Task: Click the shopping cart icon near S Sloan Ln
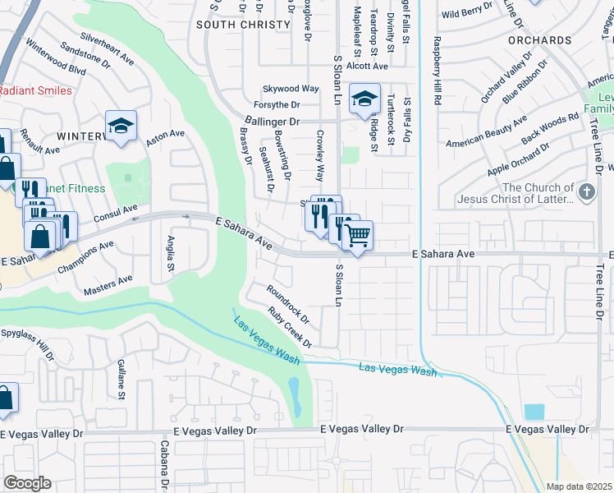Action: tap(357, 236)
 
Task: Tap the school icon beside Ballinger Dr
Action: tap(364, 100)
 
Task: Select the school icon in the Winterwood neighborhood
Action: tap(121, 127)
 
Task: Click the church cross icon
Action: tap(586, 192)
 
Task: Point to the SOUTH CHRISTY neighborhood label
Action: tap(245, 25)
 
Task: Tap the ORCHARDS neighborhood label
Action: tap(539, 39)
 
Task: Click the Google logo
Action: tap(27, 482)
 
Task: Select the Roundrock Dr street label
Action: tap(287, 302)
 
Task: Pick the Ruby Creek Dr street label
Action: tap(290, 327)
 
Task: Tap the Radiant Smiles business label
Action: tap(34, 90)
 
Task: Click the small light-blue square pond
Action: tap(534, 412)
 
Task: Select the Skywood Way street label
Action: tap(290, 89)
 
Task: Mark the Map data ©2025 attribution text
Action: tap(579, 486)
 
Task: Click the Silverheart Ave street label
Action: tap(108, 49)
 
